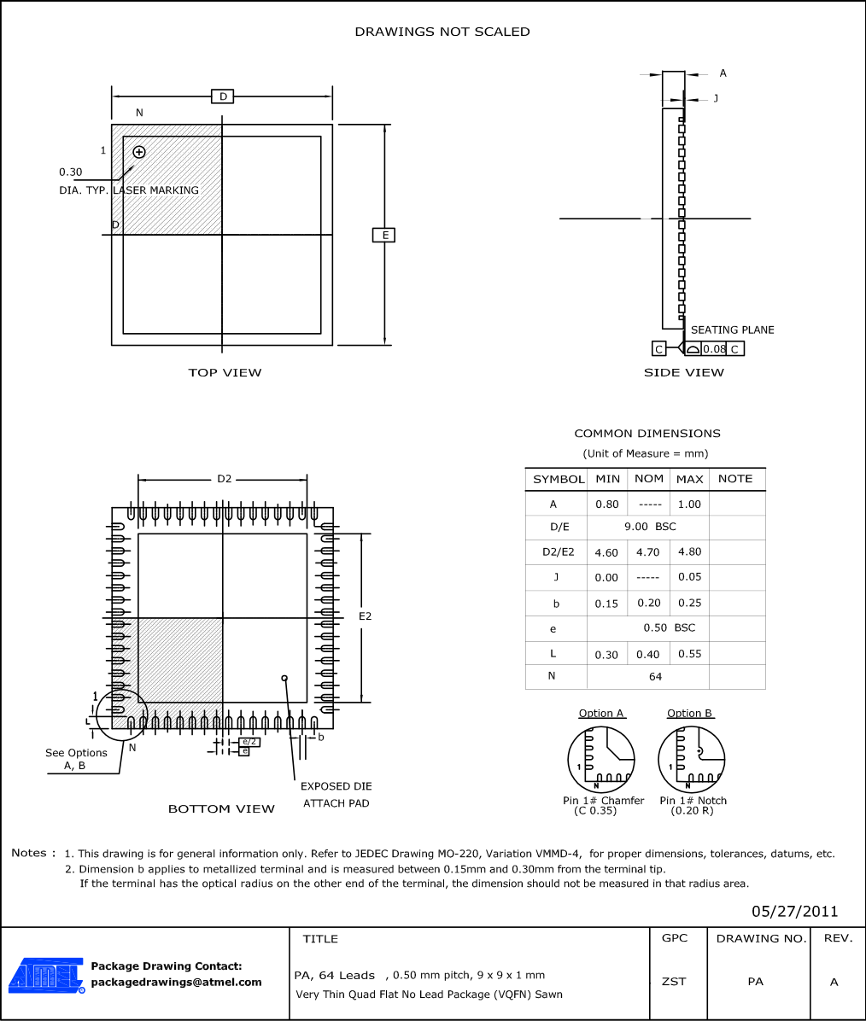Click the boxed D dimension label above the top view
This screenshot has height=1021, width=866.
click(x=223, y=96)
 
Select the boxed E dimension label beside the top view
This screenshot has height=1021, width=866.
click(x=384, y=235)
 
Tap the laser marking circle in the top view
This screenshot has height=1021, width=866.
click(x=139, y=152)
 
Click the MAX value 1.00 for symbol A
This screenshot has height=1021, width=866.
click(x=689, y=504)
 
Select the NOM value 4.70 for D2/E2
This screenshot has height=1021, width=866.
click(x=649, y=552)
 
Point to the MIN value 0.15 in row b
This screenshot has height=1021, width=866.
click(x=606, y=604)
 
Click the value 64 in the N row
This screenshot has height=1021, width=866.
click(x=655, y=676)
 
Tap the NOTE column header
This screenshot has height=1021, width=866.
click(x=735, y=479)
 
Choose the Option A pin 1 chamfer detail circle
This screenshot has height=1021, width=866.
click(x=602, y=759)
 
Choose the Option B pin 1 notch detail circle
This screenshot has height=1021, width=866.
click(x=692, y=759)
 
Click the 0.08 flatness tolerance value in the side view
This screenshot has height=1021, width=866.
click(x=714, y=349)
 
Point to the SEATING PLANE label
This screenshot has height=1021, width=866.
click(x=732, y=330)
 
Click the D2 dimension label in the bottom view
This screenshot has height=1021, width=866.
click(x=224, y=479)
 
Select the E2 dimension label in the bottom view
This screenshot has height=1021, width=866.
click(x=365, y=616)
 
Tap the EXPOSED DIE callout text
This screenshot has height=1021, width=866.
click(x=336, y=786)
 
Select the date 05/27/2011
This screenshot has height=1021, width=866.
click(x=795, y=911)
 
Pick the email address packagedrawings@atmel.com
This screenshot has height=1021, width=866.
click(x=176, y=982)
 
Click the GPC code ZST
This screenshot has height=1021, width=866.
click(x=674, y=982)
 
